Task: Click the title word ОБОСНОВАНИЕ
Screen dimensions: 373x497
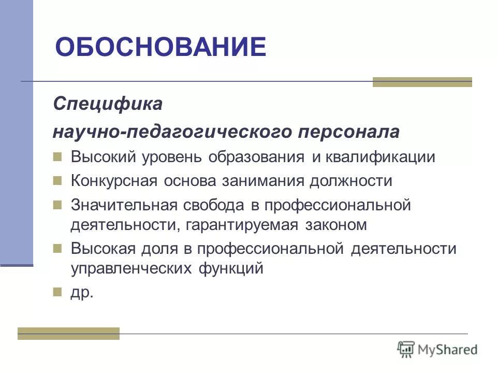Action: (x=160, y=47)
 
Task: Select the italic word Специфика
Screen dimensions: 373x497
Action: (x=108, y=104)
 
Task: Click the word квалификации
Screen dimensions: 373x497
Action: (x=381, y=157)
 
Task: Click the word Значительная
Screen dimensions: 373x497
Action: (x=125, y=205)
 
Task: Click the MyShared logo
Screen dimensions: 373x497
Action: (x=437, y=349)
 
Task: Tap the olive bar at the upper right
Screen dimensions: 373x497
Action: (x=422, y=82)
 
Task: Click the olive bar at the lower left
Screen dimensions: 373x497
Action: (x=68, y=334)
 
